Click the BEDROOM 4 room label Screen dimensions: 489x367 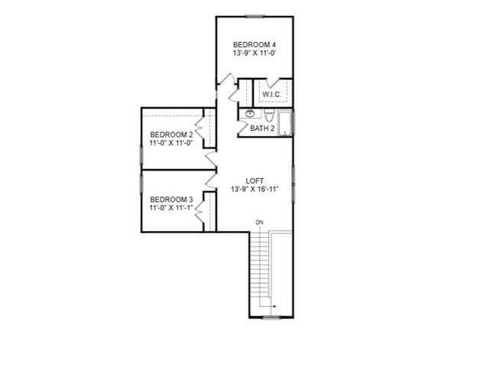point(254,44)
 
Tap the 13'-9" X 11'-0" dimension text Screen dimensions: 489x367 point(254,53)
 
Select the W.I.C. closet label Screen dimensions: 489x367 point(272,94)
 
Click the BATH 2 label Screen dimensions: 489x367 point(262,128)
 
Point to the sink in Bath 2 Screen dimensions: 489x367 point(250,114)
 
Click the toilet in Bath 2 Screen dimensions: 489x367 point(269,115)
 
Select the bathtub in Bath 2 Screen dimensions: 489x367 point(285,123)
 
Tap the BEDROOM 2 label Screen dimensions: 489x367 point(171,135)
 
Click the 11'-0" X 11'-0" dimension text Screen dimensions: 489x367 point(171,143)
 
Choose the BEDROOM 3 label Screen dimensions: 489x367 point(171,200)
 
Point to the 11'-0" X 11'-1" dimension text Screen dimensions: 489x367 point(171,207)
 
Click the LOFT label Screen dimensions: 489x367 point(254,180)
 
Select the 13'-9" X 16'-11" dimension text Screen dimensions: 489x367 point(254,189)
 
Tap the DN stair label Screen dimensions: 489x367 point(260,222)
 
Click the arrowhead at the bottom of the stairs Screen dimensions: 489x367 point(274,307)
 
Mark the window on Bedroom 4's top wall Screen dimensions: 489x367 point(254,16)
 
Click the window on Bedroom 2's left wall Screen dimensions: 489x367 point(141,155)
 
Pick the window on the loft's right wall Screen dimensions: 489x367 point(293,184)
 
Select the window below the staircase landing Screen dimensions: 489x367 point(270,318)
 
